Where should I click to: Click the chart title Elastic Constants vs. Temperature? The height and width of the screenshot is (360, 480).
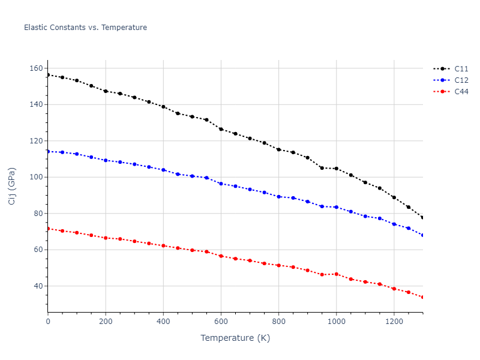tap(85, 28)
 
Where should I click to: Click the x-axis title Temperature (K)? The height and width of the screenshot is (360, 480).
tap(235, 338)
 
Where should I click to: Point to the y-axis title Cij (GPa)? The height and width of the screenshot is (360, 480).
tap(12, 186)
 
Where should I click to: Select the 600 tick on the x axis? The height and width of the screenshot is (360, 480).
tap(221, 322)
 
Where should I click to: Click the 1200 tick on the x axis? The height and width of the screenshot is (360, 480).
tap(394, 322)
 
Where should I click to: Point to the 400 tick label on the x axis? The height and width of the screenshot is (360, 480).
tap(163, 322)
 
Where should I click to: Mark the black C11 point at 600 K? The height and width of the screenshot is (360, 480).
tap(221, 129)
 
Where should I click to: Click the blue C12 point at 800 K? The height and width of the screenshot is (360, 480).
tap(278, 197)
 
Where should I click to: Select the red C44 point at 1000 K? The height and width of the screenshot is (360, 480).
tap(336, 274)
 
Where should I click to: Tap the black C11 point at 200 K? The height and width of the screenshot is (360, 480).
tap(106, 91)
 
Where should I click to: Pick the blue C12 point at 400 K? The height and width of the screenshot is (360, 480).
tap(163, 170)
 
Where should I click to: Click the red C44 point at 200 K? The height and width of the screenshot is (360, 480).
tap(106, 238)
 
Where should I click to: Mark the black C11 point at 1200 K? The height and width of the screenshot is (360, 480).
tap(394, 197)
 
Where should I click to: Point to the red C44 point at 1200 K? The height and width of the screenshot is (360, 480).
tap(394, 289)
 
